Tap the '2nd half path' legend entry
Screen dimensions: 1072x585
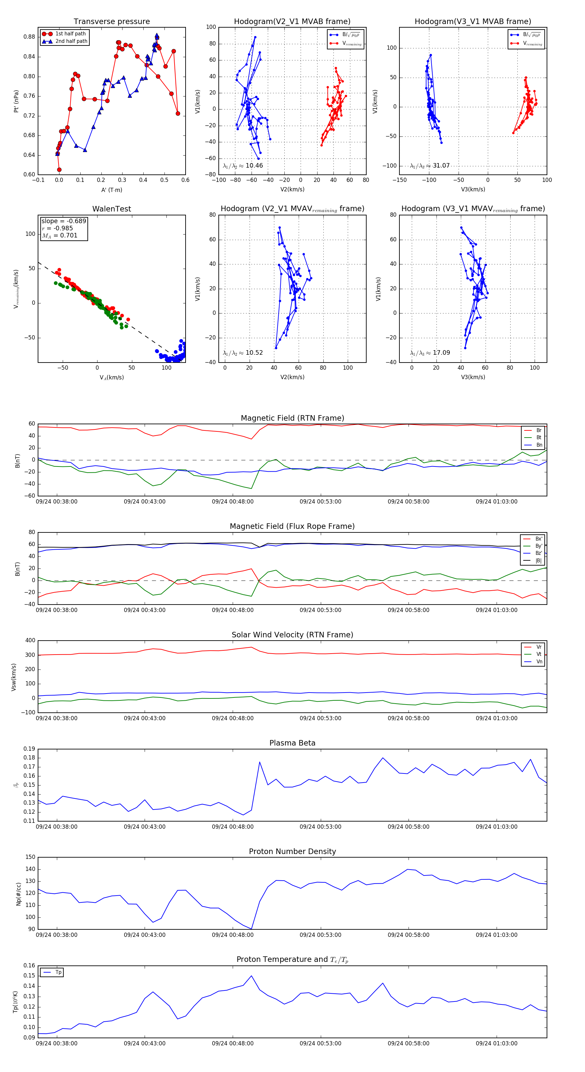[71, 41]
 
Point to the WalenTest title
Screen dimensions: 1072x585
[111, 209]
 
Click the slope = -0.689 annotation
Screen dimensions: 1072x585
[64, 221]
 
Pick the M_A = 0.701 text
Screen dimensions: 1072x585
[59, 236]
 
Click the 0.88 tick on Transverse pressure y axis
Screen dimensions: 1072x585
[29, 37]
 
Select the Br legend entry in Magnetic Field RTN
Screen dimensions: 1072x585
[539, 430]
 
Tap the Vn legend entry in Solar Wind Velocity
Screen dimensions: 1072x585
[539, 662]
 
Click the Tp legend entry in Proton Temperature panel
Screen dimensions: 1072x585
[58, 972]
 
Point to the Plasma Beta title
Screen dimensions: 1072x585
[292, 743]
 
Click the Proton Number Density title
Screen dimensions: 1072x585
[292, 851]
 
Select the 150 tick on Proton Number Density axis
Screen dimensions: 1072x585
[31, 857]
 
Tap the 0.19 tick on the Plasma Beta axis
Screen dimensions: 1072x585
[29, 749]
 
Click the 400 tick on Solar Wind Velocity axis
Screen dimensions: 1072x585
[30, 641]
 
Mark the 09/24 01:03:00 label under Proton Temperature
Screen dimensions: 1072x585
[496, 1043]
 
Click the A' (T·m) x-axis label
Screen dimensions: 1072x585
[111, 190]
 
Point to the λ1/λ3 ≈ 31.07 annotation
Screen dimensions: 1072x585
[430, 166]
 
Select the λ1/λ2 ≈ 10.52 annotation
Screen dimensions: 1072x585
[243, 353]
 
